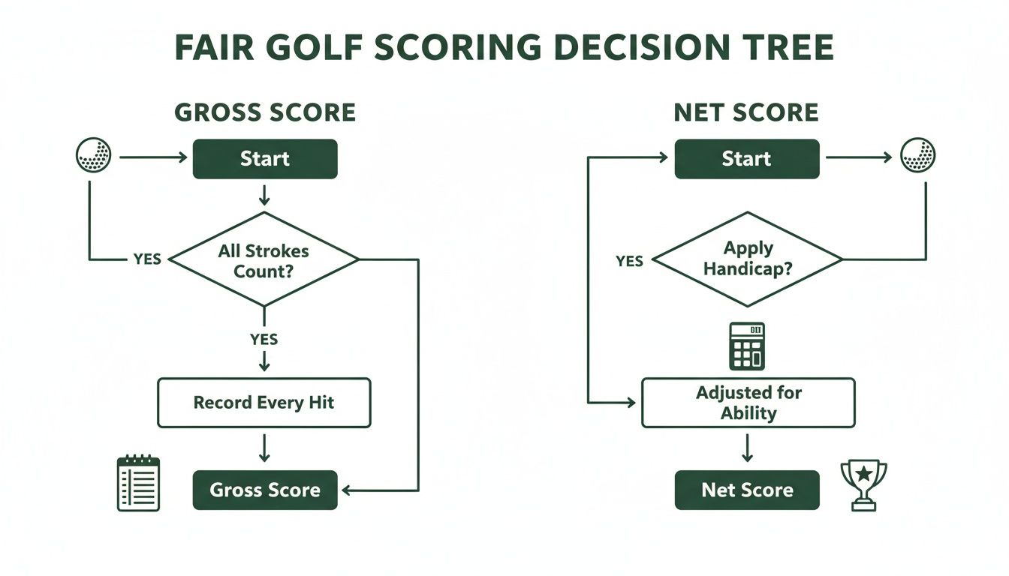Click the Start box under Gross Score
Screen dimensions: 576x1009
(x=265, y=159)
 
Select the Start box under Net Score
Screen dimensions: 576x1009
(x=746, y=159)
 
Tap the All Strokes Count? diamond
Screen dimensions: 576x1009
(x=264, y=260)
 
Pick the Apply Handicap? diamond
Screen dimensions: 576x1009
(x=747, y=259)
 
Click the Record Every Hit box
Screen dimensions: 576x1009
(x=264, y=403)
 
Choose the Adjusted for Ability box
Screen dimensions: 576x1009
(x=748, y=403)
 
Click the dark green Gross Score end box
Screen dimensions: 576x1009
(x=265, y=490)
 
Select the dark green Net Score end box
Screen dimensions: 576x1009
(x=747, y=490)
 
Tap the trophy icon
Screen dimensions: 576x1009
(x=863, y=484)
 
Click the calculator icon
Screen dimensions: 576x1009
(x=747, y=346)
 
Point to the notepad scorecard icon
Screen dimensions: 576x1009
(x=139, y=484)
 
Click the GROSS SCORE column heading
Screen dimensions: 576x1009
(x=265, y=112)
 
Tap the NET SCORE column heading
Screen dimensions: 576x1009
(x=745, y=112)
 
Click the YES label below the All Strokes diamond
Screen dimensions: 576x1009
(x=264, y=340)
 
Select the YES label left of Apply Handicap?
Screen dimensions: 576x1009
(x=629, y=261)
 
